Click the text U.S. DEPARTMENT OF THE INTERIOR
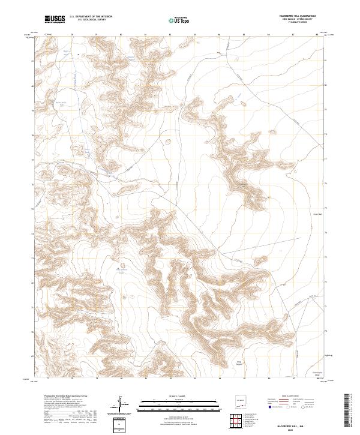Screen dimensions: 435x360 [91, 17]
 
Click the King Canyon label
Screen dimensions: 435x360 [238, 363]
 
